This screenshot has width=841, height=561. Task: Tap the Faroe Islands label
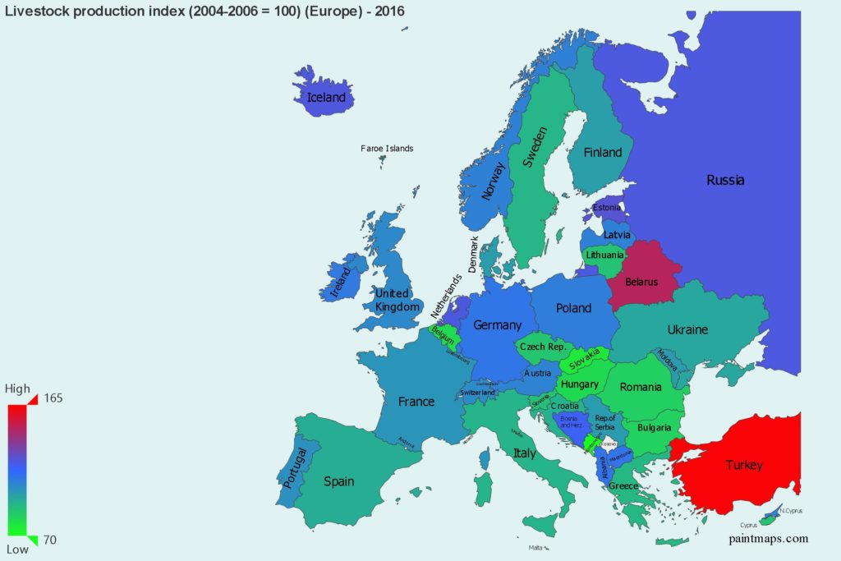[387, 149]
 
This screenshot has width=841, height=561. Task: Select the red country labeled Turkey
[743, 465]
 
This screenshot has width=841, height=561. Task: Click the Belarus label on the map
[641, 282]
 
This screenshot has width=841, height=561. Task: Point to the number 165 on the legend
[53, 398]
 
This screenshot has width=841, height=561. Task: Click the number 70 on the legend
[50, 539]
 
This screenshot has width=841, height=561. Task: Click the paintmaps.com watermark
[768, 539]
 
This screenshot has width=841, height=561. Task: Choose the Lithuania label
[605, 255]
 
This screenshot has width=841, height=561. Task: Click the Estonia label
[607, 208]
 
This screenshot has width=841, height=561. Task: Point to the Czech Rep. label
[543, 347]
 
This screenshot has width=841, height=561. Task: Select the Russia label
[725, 180]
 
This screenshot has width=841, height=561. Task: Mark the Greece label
[623, 485]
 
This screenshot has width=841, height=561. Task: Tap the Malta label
[535, 548]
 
